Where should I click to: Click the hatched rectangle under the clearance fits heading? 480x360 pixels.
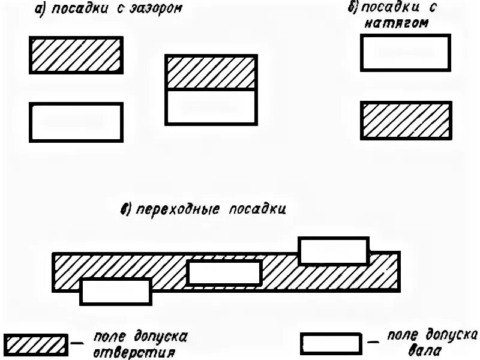(x=76, y=55)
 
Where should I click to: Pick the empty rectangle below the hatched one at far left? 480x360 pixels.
(x=76, y=122)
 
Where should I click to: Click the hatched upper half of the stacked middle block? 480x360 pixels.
(x=212, y=72)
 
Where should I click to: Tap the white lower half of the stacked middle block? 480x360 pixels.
(x=212, y=107)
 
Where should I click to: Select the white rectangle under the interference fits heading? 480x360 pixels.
(x=405, y=53)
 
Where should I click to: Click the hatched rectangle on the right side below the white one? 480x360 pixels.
(x=405, y=121)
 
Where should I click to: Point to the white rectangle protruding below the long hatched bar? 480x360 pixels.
(x=116, y=292)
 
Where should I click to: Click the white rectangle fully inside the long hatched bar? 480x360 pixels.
(x=224, y=273)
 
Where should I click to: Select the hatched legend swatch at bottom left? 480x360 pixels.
(x=34, y=344)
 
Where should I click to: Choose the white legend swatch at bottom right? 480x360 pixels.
(x=331, y=344)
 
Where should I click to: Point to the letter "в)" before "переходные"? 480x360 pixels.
(x=127, y=210)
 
